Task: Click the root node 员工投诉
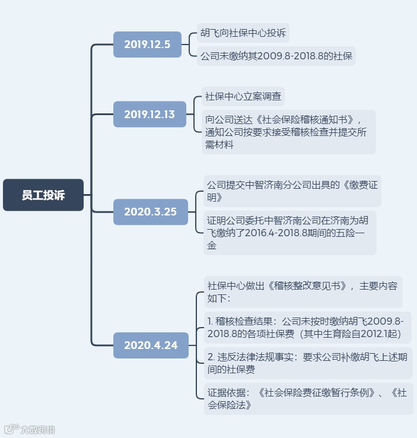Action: coord(43,195)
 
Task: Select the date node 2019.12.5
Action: coord(147,44)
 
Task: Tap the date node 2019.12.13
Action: coord(149,114)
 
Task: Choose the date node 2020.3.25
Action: coord(150,211)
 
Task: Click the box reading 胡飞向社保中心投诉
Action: coord(243,33)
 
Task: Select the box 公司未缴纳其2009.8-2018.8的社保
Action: coord(277,56)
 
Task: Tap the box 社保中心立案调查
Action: coord(243,96)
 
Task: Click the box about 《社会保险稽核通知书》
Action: coord(288,131)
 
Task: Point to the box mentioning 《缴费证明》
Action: coord(291,190)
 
